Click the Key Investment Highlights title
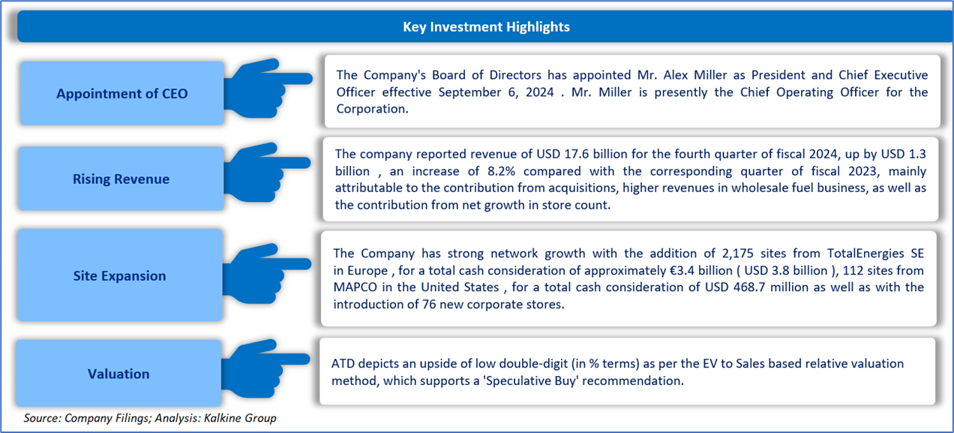click(x=486, y=27)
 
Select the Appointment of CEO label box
click(x=121, y=93)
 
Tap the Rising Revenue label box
click(x=121, y=179)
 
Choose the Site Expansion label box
click(x=120, y=275)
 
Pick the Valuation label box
click(x=118, y=373)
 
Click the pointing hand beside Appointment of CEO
click(x=268, y=89)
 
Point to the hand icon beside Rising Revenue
click(x=266, y=172)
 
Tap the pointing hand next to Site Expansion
click(x=266, y=274)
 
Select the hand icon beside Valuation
click(x=265, y=369)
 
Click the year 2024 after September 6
click(x=539, y=92)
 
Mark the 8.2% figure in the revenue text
click(x=501, y=171)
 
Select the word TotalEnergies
click(x=865, y=254)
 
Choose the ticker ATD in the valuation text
click(x=343, y=363)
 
